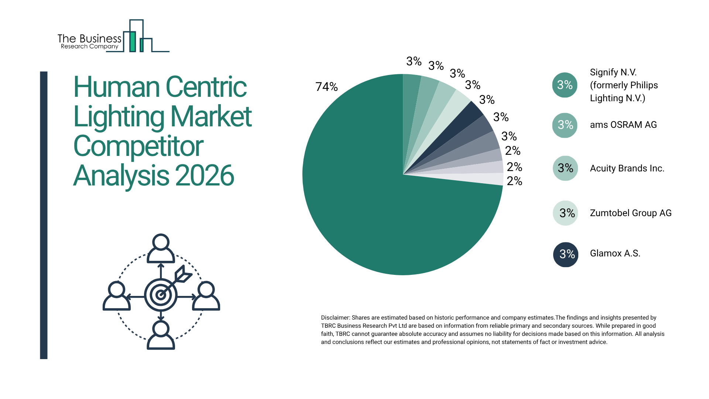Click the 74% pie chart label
click(326, 87)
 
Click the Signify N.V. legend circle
click(565, 85)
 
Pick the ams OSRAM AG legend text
click(623, 125)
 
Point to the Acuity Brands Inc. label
click(627, 168)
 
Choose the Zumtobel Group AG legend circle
click(565, 213)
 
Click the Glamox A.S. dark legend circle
click(565, 254)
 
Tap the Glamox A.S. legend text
click(615, 253)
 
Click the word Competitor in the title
click(138, 146)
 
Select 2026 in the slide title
click(205, 175)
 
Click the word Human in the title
click(116, 87)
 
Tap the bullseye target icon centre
click(161, 295)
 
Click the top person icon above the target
click(161, 248)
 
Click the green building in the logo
click(132, 41)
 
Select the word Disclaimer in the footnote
click(335, 318)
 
